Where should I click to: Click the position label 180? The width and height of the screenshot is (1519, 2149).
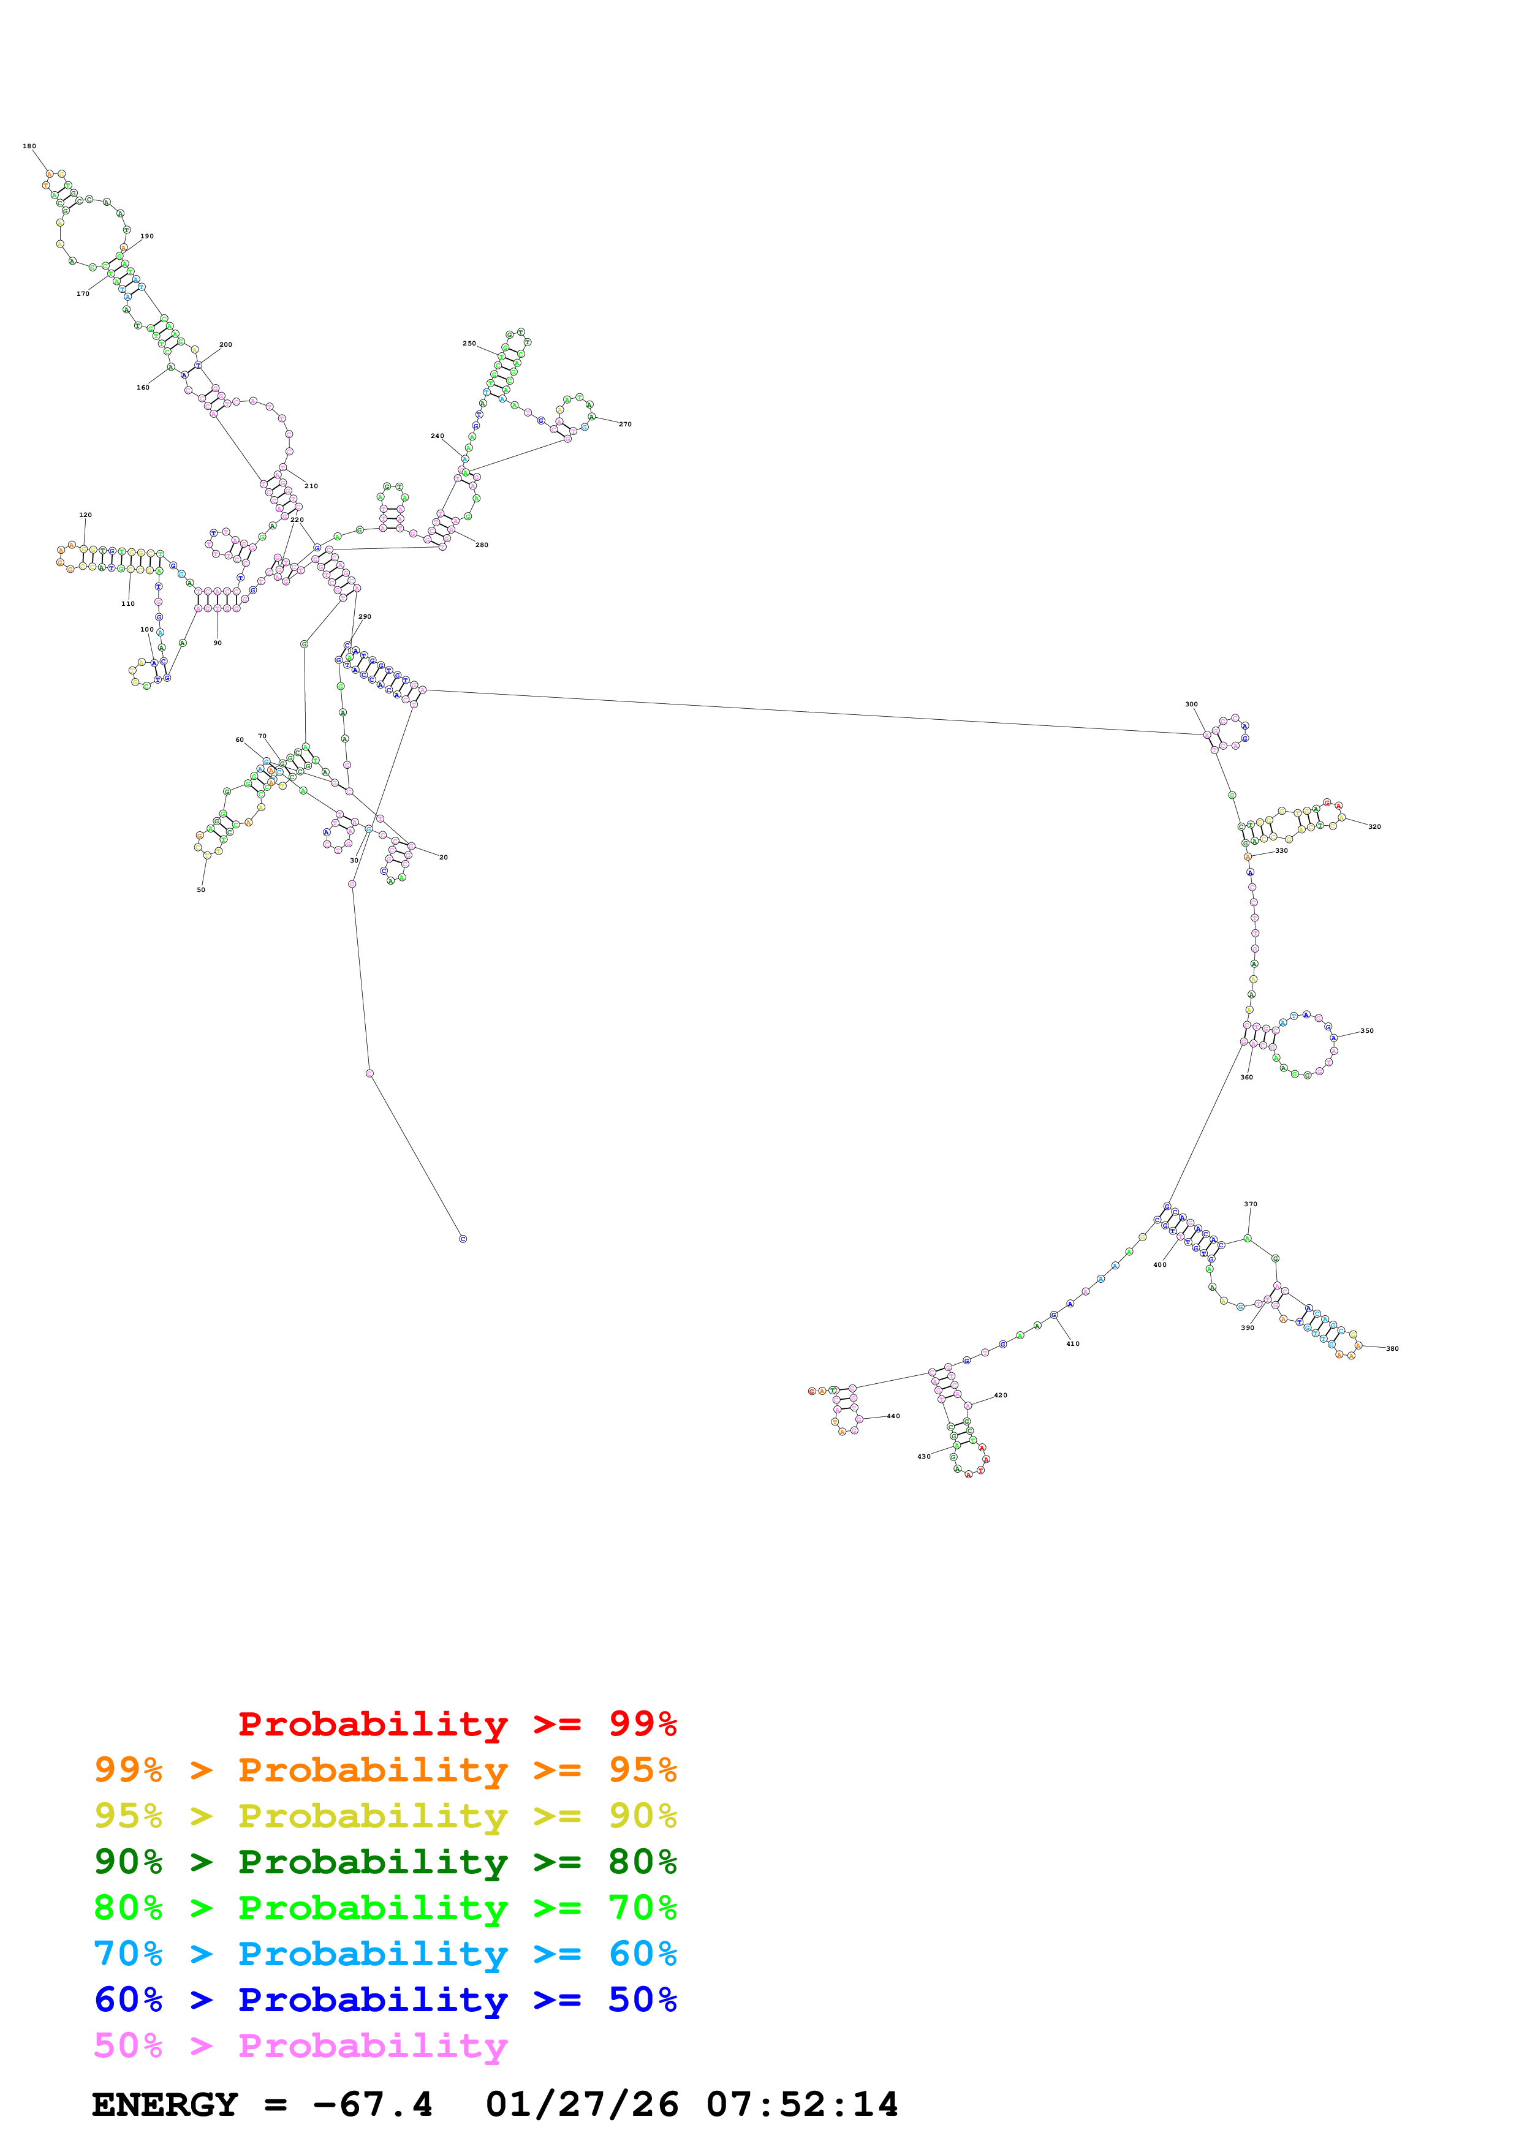pyautogui.click(x=29, y=146)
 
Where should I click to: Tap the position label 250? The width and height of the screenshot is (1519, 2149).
pyautogui.click(x=469, y=344)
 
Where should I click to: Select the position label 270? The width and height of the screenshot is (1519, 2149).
pyautogui.click(x=624, y=424)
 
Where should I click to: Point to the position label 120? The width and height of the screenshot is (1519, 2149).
pyautogui.click(x=85, y=515)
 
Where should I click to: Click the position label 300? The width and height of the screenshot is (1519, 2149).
pyautogui.click(x=1191, y=704)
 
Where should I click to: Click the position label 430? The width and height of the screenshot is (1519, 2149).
pyautogui.click(x=924, y=1456)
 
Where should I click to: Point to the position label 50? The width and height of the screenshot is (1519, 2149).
pyautogui.click(x=200, y=889)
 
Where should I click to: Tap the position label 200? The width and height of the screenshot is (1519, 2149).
pyautogui.click(x=225, y=344)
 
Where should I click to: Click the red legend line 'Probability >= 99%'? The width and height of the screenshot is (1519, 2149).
pyautogui.click(x=456, y=1723)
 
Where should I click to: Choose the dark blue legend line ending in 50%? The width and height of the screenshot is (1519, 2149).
pyautogui.click(x=385, y=2000)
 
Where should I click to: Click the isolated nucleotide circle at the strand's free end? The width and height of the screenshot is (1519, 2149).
pyautogui.click(x=463, y=1238)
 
